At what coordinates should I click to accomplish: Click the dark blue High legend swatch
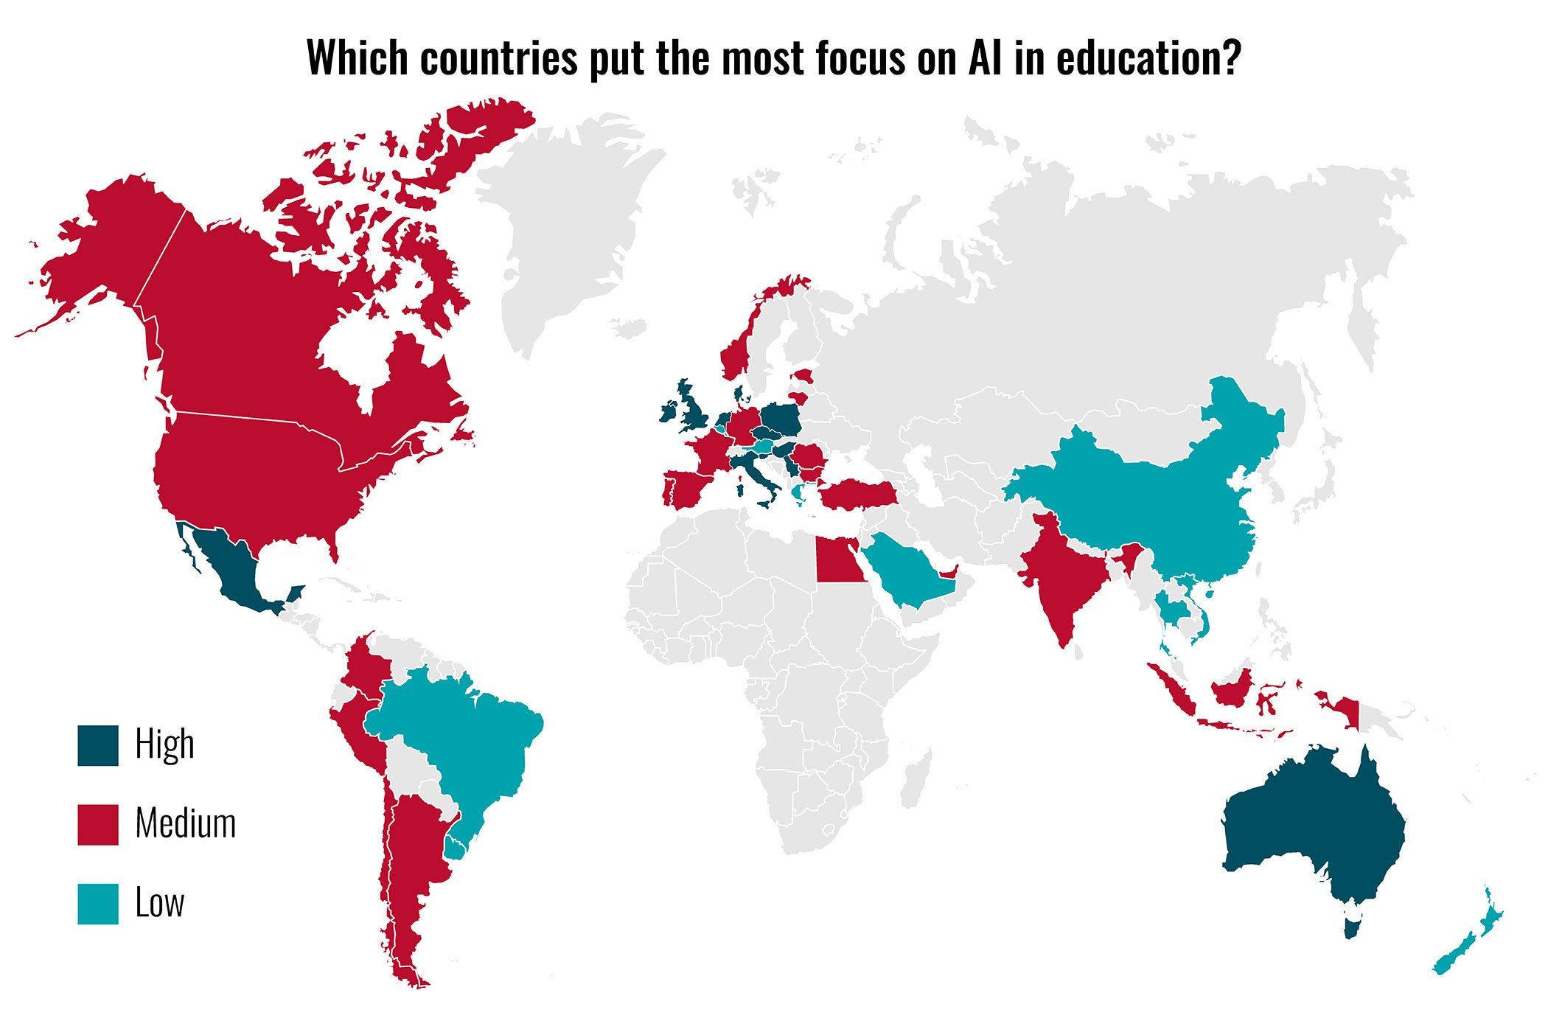pyautogui.click(x=98, y=745)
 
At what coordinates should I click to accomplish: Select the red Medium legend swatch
pyautogui.click(x=98, y=824)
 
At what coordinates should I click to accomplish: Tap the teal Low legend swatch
pyautogui.click(x=98, y=904)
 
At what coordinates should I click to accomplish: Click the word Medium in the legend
pyautogui.click(x=186, y=823)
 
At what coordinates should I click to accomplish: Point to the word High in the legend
pyautogui.click(x=165, y=745)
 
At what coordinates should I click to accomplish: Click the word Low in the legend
pyautogui.click(x=160, y=903)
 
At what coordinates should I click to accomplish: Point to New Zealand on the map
pyautogui.click(x=1467, y=951)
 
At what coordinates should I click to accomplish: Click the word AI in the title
pyautogui.click(x=986, y=57)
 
